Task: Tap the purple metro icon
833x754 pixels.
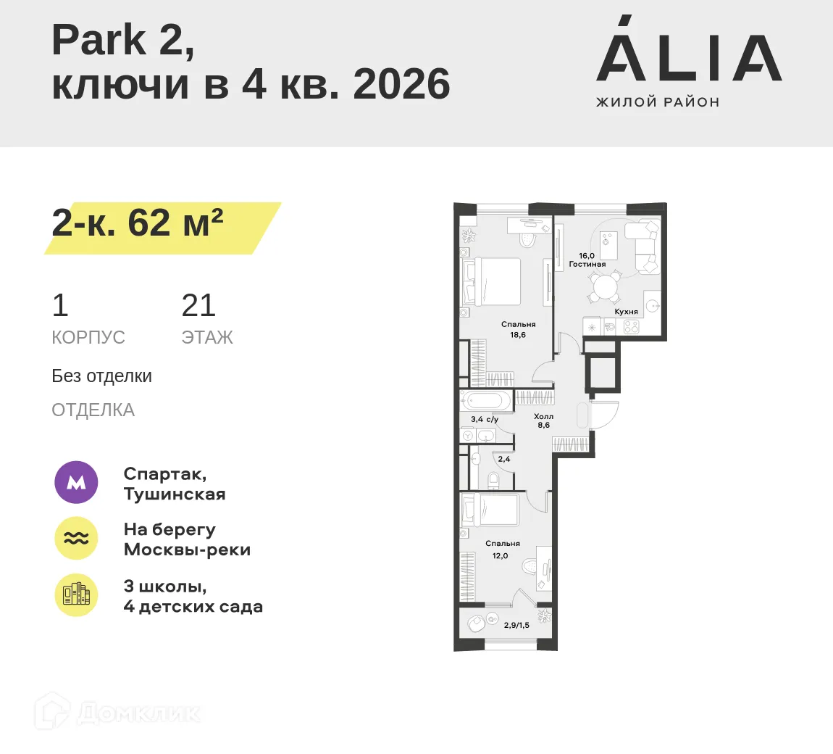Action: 76,482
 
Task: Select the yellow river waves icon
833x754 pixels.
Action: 76,538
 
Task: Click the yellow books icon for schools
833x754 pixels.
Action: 76,594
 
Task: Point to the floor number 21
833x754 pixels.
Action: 198,306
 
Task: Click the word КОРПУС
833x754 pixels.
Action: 88,337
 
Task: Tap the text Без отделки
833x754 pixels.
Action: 101,376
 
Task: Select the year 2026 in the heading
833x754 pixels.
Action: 401,84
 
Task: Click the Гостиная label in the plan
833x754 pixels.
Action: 587,265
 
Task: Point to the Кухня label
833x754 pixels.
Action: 626,312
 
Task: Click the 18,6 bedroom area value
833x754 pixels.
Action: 518,335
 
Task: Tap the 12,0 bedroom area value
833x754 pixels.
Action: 501,556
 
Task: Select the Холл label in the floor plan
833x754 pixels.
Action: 543,416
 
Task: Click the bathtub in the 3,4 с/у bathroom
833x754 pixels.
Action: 486,400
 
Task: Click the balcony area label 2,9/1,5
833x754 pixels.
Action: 516,625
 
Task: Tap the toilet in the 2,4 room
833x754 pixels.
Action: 494,480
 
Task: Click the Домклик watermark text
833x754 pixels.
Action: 138,713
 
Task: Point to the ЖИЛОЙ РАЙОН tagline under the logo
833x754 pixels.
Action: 658,102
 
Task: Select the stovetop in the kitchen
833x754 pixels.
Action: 631,327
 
